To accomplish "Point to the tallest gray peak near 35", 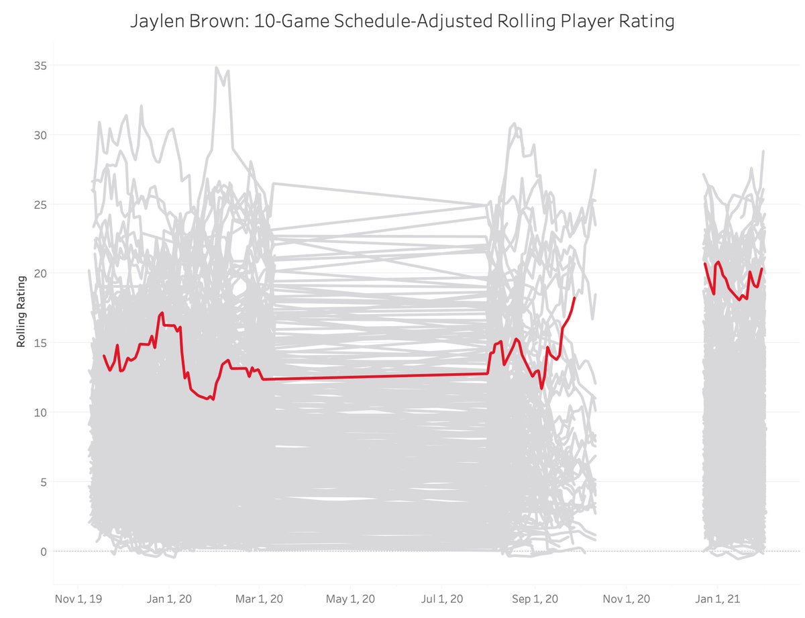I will click(216, 68).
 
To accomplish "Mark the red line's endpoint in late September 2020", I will click(575, 297).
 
